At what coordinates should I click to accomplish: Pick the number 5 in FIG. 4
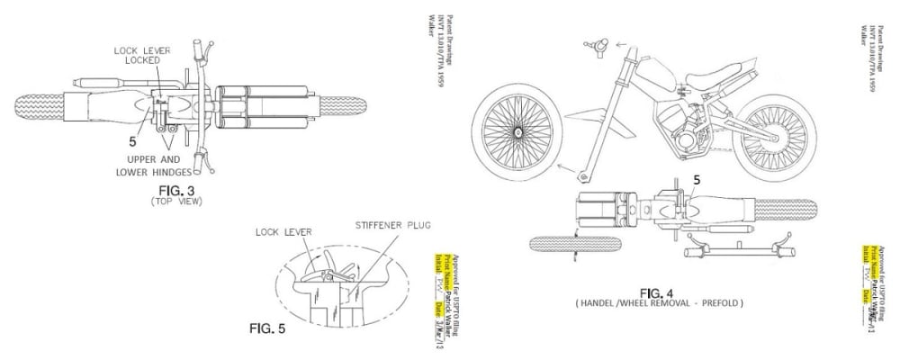pos(696,180)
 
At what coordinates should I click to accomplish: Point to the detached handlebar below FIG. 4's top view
pos(739,244)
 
